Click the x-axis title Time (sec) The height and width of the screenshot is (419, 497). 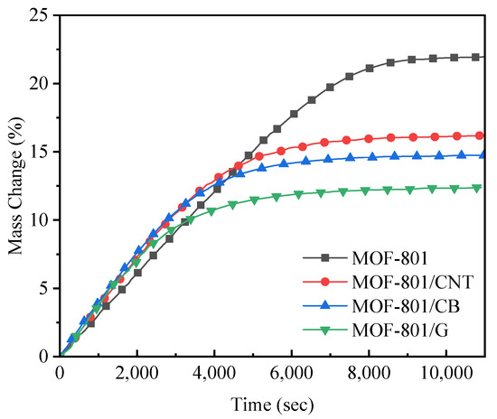(x=272, y=404)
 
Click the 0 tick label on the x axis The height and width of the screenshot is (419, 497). (x=61, y=373)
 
